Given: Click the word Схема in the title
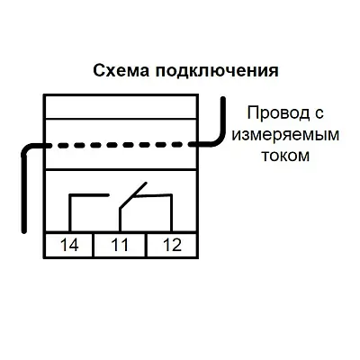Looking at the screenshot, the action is tap(121, 71).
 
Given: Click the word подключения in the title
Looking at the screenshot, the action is tap(217, 72).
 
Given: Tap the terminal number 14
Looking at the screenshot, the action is tap(69, 245).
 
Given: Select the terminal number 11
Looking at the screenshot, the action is tap(120, 245).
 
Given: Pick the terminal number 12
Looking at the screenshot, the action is tap(173, 245).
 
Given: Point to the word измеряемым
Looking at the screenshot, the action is tap(285, 135).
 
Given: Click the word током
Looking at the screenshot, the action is tap(285, 156).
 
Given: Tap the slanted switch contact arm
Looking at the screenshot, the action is tap(133, 196).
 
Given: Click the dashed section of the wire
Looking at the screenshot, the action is tap(120, 145).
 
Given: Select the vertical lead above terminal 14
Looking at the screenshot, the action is tap(70, 213).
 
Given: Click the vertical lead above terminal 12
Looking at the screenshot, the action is tap(171, 213).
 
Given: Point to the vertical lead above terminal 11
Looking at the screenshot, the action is tap(120, 220).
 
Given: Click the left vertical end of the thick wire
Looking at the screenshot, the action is tap(24, 192).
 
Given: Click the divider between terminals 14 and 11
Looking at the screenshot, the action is tap(94, 245).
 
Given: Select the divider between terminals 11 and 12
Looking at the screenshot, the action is tap(147, 245).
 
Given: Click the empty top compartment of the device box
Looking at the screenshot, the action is tap(120, 107).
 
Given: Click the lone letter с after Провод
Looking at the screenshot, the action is tap(319, 114).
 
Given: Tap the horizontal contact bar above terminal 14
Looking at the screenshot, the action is tap(89, 195).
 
